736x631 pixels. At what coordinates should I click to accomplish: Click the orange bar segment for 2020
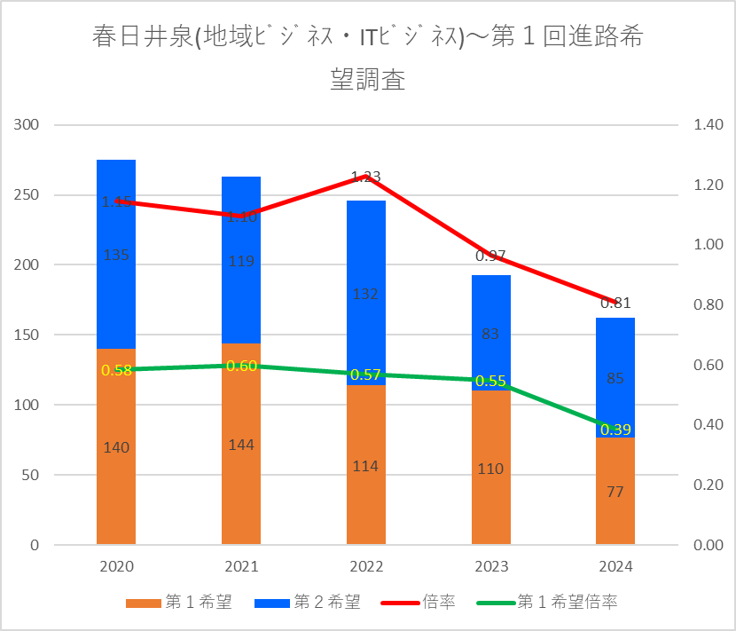tap(116, 479)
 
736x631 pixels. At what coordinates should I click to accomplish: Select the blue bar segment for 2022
tap(366, 319)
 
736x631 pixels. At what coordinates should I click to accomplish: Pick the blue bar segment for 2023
tap(490, 306)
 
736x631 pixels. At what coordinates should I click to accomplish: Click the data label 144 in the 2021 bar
tap(241, 445)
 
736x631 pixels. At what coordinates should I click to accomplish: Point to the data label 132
tap(366, 295)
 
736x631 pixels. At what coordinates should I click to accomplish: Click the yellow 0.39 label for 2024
tap(615, 430)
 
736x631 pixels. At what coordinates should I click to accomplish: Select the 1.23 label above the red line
tap(366, 177)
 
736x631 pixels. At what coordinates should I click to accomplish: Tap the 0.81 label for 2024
tap(615, 303)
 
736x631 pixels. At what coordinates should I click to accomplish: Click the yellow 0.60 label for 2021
tap(241, 366)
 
